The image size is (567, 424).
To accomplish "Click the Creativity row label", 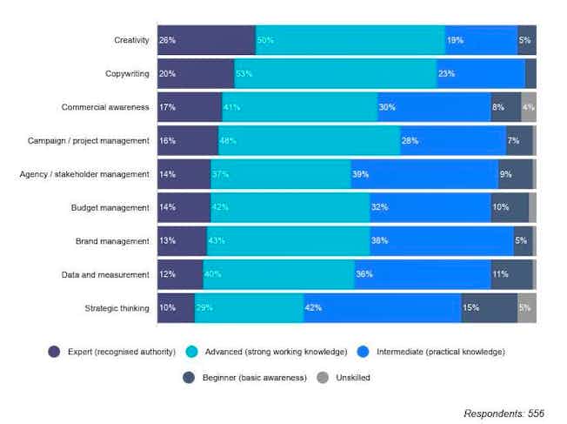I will pyautogui.click(x=131, y=40).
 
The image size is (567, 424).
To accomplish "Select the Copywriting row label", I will pyautogui.click(x=126, y=74).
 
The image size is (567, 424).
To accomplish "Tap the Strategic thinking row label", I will pyautogui.click(x=117, y=307).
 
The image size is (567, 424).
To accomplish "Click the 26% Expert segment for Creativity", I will pyautogui.click(x=206, y=40).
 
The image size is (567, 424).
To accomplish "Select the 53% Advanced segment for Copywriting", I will pyautogui.click(x=335, y=74).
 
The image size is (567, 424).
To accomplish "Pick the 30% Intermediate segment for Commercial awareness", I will pyautogui.click(x=434, y=107).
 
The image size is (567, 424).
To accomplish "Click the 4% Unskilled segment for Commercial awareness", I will pyautogui.click(x=529, y=107).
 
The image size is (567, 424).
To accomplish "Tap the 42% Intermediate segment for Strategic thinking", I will pyautogui.click(x=382, y=307).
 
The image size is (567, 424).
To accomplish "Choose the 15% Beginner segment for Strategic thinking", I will pyautogui.click(x=490, y=307).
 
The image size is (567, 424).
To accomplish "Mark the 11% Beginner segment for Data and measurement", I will pyautogui.click(x=511, y=274).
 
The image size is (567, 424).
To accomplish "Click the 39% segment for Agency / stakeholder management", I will pyautogui.click(x=424, y=174).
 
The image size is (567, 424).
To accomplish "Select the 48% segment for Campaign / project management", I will pyautogui.click(x=309, y=140).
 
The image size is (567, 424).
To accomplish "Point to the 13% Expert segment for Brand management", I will pyautogui.click(x=182, y=240).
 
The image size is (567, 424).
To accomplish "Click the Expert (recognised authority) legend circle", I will pyautogui.click(x=54, y=352).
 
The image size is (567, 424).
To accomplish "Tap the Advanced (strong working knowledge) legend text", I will pyautogui.click(x=276, y=352).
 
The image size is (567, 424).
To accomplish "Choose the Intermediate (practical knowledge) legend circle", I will pyautogui.click(x=362, y=352).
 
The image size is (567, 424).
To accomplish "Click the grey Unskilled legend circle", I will pyautogui.click(x=323, y=378).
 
